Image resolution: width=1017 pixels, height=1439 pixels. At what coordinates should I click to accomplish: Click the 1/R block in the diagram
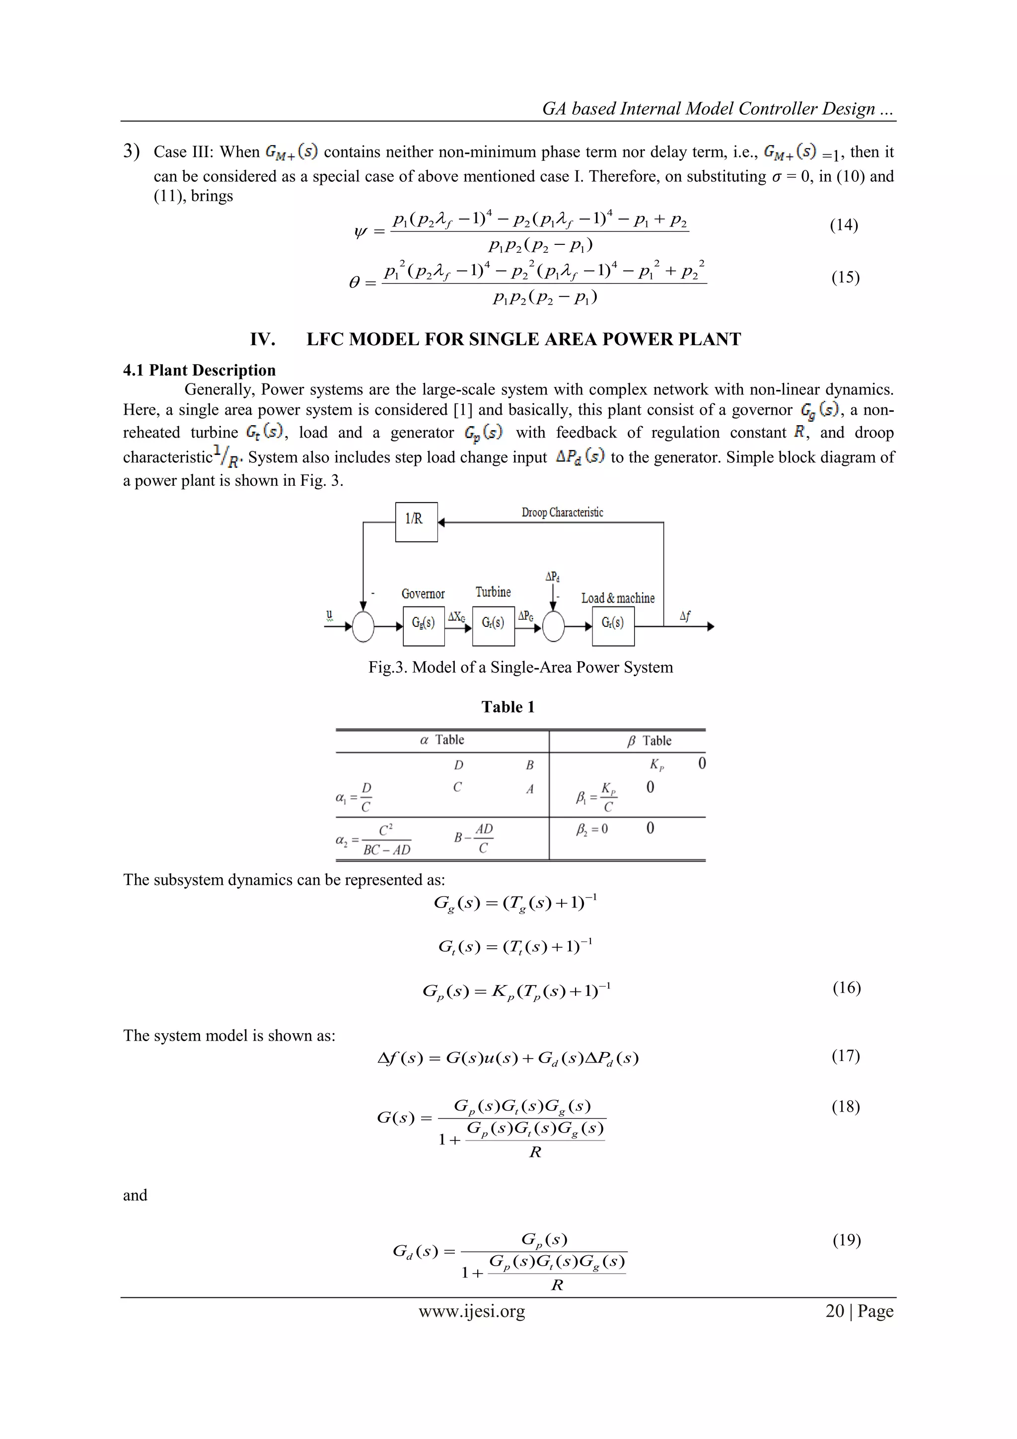[x=416, y=522]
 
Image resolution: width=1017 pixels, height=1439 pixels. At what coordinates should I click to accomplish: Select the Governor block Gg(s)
[x=424, y=625]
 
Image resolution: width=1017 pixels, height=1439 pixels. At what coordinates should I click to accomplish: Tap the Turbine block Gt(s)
[x=493, y=625]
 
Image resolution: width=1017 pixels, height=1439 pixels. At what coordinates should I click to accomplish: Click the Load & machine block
[x=613, y=625]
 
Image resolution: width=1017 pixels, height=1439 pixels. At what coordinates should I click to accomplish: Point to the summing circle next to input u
[x=363, y=626]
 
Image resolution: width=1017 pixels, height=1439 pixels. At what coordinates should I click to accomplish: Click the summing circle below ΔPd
[x=553, y=626]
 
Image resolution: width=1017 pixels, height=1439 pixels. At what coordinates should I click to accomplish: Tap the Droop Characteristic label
[x=562, y=513]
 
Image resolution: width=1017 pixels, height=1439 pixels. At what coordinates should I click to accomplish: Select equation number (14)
[x=843, y=225]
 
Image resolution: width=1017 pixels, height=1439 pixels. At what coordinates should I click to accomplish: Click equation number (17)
[x=845, y=1056]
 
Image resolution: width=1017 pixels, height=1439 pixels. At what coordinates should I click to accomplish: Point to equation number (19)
[x=846, y=1240]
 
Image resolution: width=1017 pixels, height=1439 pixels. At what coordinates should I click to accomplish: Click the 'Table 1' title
[x=508, y=707]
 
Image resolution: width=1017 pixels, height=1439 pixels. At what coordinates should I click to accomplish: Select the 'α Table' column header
[x=442, y=740]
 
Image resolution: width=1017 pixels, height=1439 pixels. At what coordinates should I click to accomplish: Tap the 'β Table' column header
[x=649, y=741]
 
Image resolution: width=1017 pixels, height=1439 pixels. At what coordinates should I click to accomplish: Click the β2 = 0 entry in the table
[x=591, y=829]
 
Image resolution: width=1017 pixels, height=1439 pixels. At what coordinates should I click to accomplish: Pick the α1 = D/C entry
[x=355, y=797]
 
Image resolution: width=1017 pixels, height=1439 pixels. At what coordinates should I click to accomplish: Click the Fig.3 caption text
[x=520, y=668]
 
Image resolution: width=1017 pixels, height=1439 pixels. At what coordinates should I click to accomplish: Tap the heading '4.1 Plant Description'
[x=199, y=371]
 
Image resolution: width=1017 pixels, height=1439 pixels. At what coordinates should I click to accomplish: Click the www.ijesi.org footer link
[x=472, y=1311]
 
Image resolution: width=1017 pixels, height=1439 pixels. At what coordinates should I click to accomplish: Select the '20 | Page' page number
[x=859, y=1311]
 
